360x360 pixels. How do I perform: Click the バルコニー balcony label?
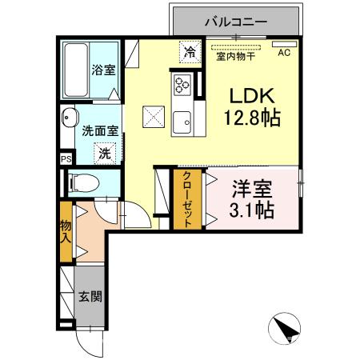pos(236,22)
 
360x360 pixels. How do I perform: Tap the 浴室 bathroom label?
pos(102,69)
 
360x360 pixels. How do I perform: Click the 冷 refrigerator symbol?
pos(190,53)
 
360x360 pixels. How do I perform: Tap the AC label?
pos(284,54)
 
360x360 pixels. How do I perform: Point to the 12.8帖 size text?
pos(251,119)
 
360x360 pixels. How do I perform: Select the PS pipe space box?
pos(65,158)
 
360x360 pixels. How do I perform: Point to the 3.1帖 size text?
pos(252,211)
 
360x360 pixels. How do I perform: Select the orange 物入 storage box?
pos(66,233)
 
